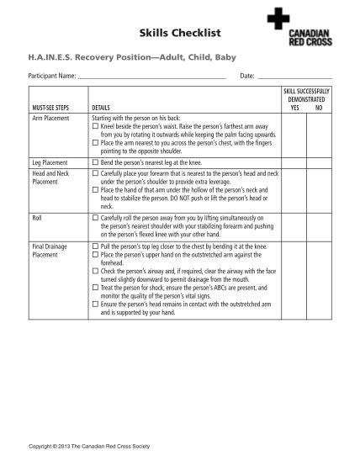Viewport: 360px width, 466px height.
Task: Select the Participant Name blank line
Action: pyautogui.click(x=151, y=77)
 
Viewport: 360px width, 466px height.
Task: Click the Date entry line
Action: pyautogui.click(x=294, y=77)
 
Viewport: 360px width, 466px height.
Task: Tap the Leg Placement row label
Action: pyautogui.click(x=50, y=161)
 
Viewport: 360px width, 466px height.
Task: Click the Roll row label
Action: pyautogui.click(x=36, y=218)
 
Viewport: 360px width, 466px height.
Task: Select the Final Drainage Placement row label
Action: pyautogui.click(x=50, y=251)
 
